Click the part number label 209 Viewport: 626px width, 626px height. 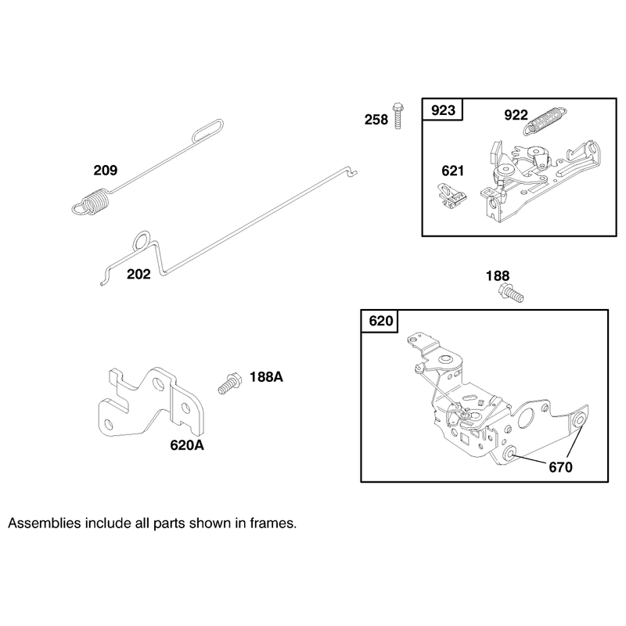tap(106, 171)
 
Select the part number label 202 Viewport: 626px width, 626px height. tap(139, 275)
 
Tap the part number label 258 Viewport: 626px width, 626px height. tap(376, 120)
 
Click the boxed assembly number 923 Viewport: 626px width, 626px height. tap(443, 110)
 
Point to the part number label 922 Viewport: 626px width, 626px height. tap(516, 115)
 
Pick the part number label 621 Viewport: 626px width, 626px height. tap(453, 171)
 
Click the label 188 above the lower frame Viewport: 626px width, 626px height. tap(498, 276)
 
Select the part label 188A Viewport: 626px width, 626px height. tap(266, 377)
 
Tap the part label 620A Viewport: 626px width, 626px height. tap(187, 445)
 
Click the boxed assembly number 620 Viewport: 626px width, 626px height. tap(381, 321)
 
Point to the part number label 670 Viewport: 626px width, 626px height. tap(560, 467)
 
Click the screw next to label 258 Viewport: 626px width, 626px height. tap(398, 116)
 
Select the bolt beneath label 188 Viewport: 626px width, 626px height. tap(511, 293)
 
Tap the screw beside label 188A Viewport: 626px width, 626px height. tap(229, 383)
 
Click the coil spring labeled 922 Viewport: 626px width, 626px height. tap(545, 121)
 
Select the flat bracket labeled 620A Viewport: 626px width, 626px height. tap(150, 401)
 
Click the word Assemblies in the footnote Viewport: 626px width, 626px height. tap(45, 523)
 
